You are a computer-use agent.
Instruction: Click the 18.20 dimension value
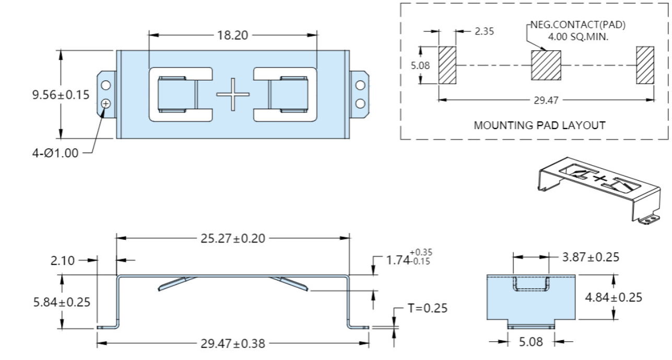233,36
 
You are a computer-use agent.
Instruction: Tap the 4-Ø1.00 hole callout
61,153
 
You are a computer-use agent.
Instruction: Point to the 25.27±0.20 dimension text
233,238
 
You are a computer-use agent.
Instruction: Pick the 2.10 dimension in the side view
63,260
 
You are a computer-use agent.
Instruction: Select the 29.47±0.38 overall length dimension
233,344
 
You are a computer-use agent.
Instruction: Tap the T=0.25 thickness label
427,308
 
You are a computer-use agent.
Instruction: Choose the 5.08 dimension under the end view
531,343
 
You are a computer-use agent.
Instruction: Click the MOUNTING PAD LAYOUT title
534,125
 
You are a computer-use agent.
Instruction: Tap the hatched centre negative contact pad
546,65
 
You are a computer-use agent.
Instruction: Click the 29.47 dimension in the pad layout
546,100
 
